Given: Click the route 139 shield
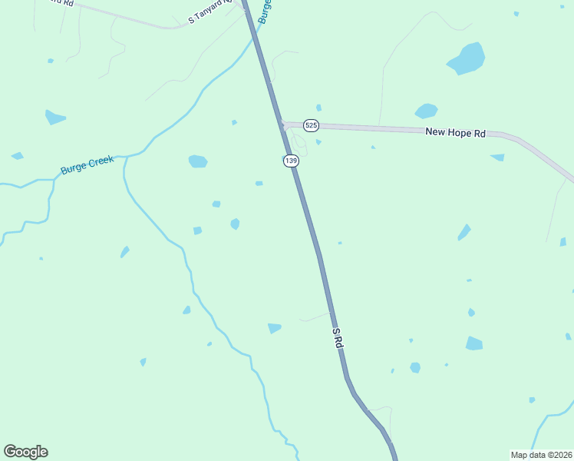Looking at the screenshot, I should pos(290,161).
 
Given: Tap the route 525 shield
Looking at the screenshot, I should pos(310,125).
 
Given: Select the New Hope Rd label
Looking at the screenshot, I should pos(456,133).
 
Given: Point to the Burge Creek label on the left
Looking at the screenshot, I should pos(87,164).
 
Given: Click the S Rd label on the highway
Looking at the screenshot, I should pos(338,339).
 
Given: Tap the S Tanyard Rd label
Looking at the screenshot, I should pos(209,15).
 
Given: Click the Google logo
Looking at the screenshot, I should pos(25,452).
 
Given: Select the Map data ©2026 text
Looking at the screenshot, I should pos(541,454).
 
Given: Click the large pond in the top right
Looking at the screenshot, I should pos(467,58).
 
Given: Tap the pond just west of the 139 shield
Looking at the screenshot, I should pos(198,161).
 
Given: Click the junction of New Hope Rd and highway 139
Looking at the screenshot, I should pos(282,124).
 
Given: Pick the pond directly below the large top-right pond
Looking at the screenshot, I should pos(426,111).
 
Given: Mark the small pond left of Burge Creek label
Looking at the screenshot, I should pos(17,156).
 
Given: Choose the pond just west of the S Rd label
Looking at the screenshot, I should pos(274,328).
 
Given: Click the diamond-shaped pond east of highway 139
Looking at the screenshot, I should pos(463,232).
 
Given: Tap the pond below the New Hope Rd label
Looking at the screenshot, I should pos(497,158).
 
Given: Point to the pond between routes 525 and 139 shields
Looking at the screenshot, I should pos(318,141).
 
